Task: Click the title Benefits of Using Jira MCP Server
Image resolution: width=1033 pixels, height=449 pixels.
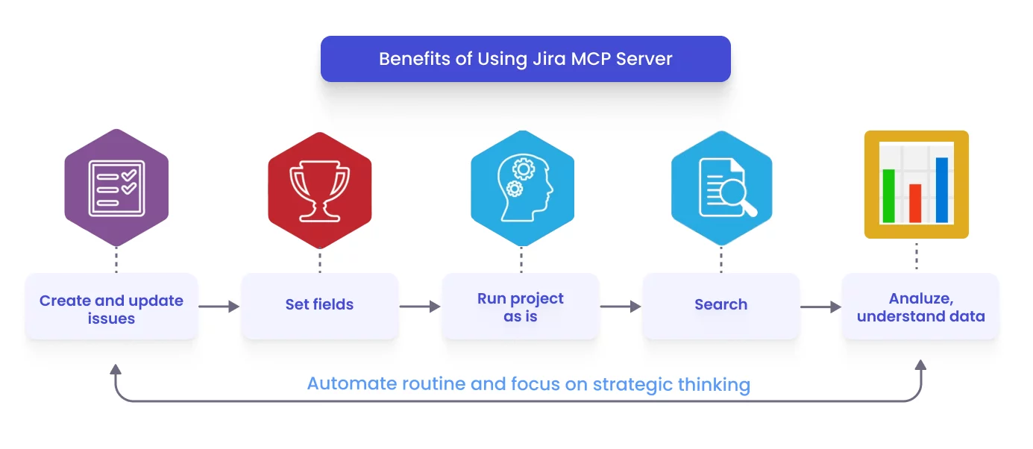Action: click(525, 59)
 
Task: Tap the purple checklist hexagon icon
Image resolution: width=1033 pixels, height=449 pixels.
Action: click(116, 188)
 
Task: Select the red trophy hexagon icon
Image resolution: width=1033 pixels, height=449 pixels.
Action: click(319, 190)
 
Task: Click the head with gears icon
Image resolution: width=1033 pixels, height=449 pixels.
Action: click(522, 188)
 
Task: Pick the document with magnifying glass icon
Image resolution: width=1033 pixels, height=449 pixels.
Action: click(721, 188)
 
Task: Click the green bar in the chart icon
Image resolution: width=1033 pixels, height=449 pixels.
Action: click(888, 195)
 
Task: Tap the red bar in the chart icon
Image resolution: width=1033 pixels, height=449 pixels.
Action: click(915, 203)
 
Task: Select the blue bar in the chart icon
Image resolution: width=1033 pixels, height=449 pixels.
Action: click(942, 189)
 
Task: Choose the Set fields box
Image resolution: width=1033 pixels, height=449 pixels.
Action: click(319, 305)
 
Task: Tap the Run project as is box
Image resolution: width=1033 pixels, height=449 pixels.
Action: click(521, 307)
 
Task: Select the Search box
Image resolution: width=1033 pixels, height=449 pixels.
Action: click(720, 305)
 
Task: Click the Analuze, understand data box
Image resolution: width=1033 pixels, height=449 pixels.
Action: click(920, 307)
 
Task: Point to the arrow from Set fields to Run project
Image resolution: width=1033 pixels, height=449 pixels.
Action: click(420, 307)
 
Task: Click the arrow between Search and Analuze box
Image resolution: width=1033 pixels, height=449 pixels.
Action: click(821, 307)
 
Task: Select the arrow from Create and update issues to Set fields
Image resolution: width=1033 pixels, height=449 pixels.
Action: click(219, 307)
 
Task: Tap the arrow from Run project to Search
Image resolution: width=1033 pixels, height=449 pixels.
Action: click(621, 307)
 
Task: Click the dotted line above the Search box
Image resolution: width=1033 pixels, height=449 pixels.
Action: click(721, 260)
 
